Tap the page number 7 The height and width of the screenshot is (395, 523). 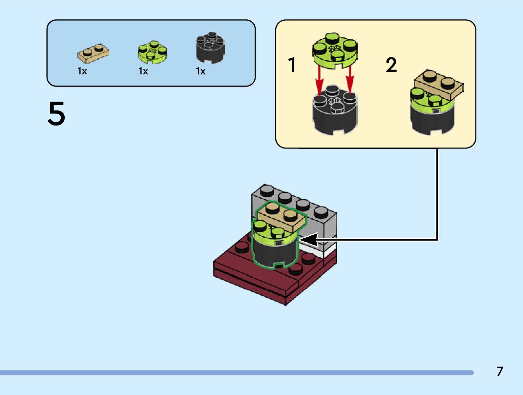[x=500, y=371]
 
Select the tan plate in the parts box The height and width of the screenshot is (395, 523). [x=93, y=54]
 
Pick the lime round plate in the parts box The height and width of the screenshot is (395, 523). [x=152, y=52]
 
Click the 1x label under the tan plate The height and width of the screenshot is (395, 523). [x=82, y=71]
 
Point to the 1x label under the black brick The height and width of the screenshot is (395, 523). [x=200, y=71]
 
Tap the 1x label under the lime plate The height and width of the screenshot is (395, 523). [x=143, y=71]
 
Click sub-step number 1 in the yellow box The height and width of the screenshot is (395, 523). [x=292, y=65]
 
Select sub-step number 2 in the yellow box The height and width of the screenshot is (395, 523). [x=391, y=65]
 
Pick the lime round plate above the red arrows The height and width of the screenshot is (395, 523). [x=335, y=51]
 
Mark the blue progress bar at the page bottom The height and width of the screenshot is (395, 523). [x=236, y=373]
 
